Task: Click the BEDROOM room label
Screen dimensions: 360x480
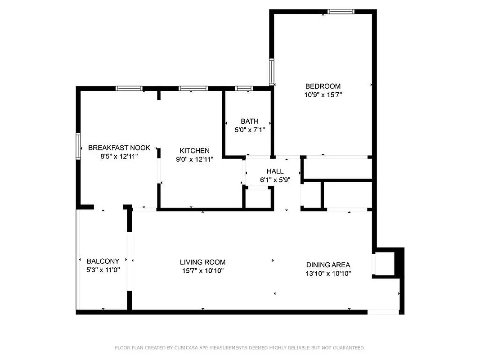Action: click(323, 86)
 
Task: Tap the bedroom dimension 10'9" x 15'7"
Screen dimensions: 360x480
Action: click(323, 95)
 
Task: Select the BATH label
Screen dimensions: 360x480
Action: click(249, 121)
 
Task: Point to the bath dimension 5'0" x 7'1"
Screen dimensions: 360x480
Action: click(249, 130)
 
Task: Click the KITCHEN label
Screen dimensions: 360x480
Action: click(194, 150)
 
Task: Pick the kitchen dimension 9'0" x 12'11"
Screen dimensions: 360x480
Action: click(194, 159)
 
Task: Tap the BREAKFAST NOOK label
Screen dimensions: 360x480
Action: click(119, 148)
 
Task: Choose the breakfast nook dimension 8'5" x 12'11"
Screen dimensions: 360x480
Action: click(119, 157)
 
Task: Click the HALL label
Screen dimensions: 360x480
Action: click(275, 171)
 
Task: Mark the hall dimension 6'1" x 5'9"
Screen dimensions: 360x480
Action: click(275, 180)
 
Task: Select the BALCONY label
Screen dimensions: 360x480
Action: click(103, 261)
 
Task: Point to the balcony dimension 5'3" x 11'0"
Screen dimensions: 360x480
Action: click(103, 270)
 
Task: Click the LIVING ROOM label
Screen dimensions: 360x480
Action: click(202, 262)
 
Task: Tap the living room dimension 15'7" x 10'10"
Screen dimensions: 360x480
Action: click(202, 271)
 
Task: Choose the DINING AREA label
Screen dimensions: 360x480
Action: click(328, 265)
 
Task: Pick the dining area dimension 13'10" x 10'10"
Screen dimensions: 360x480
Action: click(328, 274)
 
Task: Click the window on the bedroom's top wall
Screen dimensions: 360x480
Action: click(341, 12)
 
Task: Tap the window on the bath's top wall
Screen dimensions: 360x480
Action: click(244, 89)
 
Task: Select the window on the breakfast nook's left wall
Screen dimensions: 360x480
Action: click(78, 146)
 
